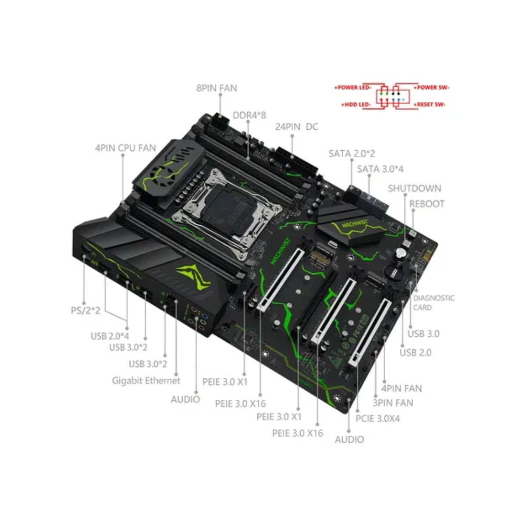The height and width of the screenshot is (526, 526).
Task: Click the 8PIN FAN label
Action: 217,88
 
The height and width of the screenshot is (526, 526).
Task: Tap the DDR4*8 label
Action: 249,115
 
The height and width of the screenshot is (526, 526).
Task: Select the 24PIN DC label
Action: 296,127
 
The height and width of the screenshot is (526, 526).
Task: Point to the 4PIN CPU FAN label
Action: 125,148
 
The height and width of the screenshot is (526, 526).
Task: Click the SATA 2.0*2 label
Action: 352,153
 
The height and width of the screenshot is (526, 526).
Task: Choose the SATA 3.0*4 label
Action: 380,169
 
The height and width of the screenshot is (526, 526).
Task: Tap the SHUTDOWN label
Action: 414,188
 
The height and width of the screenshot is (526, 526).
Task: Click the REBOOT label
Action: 427,204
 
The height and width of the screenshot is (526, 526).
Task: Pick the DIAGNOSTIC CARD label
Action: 434,302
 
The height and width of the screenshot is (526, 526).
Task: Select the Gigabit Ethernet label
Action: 146,380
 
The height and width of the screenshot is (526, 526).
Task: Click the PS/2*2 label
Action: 85,310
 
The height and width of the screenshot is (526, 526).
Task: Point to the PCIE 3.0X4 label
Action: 377,419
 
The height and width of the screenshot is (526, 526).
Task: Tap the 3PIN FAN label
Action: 393,403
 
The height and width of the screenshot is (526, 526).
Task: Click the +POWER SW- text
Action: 431,88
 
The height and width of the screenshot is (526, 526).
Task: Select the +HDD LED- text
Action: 356,105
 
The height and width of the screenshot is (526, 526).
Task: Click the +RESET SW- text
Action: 430,105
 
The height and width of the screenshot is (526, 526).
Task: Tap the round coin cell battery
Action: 394,271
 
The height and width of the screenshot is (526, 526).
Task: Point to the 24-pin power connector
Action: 297,162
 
